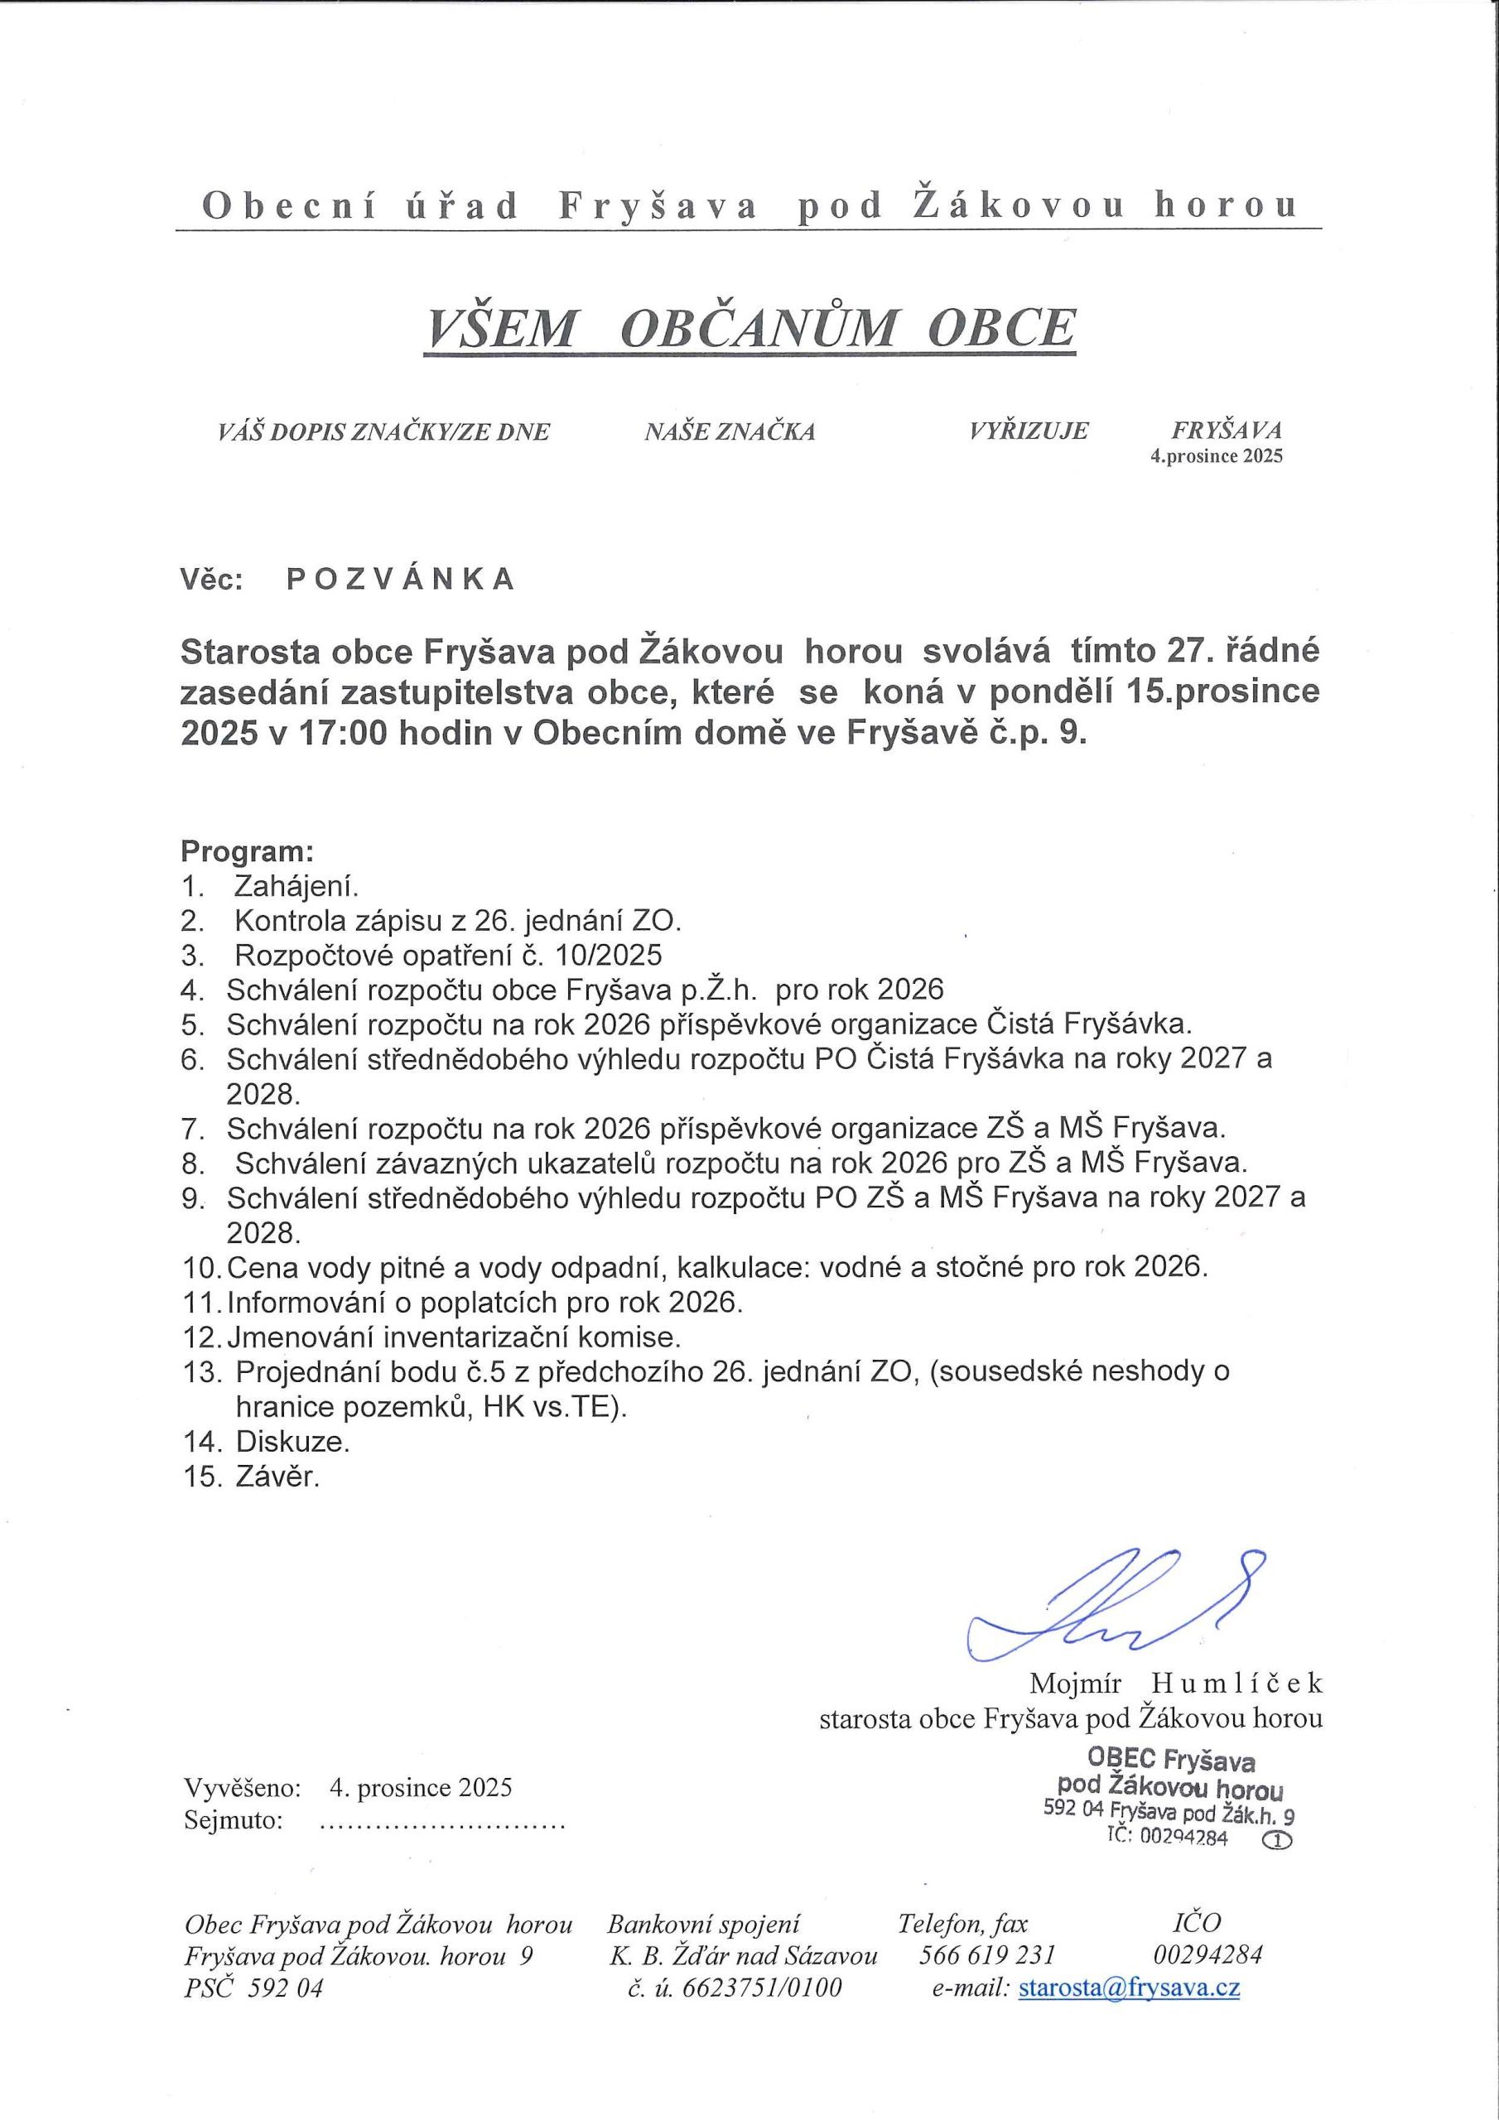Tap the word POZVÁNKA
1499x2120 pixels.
click(400, 579)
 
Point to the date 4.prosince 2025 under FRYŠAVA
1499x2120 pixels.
click(1216, 456)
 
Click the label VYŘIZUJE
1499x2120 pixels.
click(1029, 431)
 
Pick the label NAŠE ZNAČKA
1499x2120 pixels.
click(730, 431)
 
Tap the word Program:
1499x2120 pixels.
click(248, 850)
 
